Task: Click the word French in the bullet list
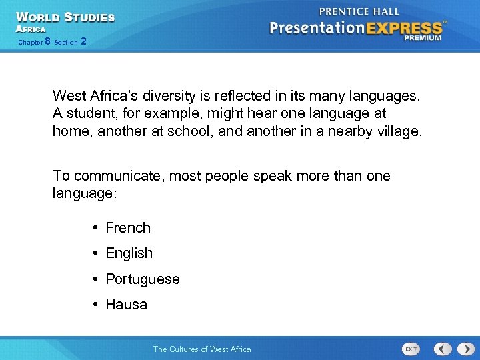pyautogui.click(x=128, y=228)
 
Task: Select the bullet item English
pyautogui.click(x=129, y=253)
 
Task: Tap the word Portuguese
pyautogui.click(x=143, y=279)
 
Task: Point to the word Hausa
pyautogui.click(x=126, y=305)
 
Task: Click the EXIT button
pyautogui.click(x=411, y=349)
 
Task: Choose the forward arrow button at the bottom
pyautogui.click(x=463, y=349)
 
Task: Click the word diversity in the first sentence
pyautogui.click(x=163, y=97)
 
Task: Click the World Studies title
pyautogui.click(x=65, y=17)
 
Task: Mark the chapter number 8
pyautogui.click(x=47, y=42)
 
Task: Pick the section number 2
pyautogui.click(x=83, y=42)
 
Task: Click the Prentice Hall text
pyautogui.click(x=359, y=11)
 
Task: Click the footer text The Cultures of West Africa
pyautogui.click(x=202, y=349)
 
